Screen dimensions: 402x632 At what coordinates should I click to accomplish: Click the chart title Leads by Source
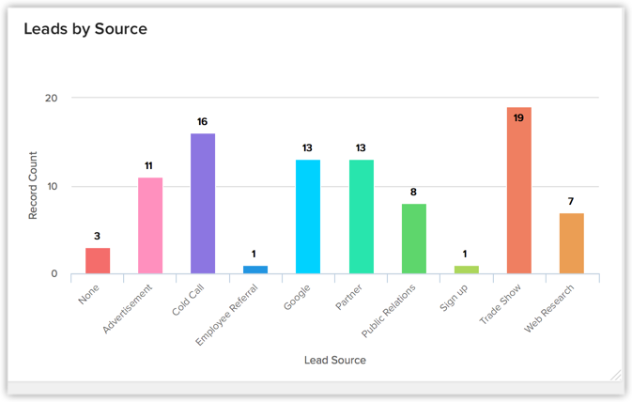85,29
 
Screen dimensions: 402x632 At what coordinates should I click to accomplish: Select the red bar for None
98,261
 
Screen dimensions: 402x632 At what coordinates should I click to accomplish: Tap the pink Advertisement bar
150,225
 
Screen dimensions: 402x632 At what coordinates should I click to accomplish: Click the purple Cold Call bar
203,204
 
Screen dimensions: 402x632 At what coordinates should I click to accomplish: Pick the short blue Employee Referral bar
255,270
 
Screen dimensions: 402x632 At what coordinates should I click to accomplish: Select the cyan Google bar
308,217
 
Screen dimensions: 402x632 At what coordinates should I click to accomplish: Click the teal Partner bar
361,217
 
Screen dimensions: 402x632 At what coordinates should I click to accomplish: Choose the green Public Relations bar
413,239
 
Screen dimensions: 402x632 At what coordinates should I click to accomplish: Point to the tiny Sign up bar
466,270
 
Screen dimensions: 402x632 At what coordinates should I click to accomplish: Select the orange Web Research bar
571,243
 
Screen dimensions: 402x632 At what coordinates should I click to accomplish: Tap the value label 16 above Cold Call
203,122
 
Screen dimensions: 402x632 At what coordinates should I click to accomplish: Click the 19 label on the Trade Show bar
518,118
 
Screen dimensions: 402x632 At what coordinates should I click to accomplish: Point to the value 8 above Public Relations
413,193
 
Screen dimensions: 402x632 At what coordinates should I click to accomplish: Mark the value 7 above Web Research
571,202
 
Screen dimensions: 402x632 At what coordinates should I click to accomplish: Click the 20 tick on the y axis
51,98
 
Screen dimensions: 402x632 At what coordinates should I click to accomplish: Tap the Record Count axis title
33,187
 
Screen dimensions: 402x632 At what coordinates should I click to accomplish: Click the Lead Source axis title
335,360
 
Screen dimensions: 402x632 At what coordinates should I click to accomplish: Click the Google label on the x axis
297,294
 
